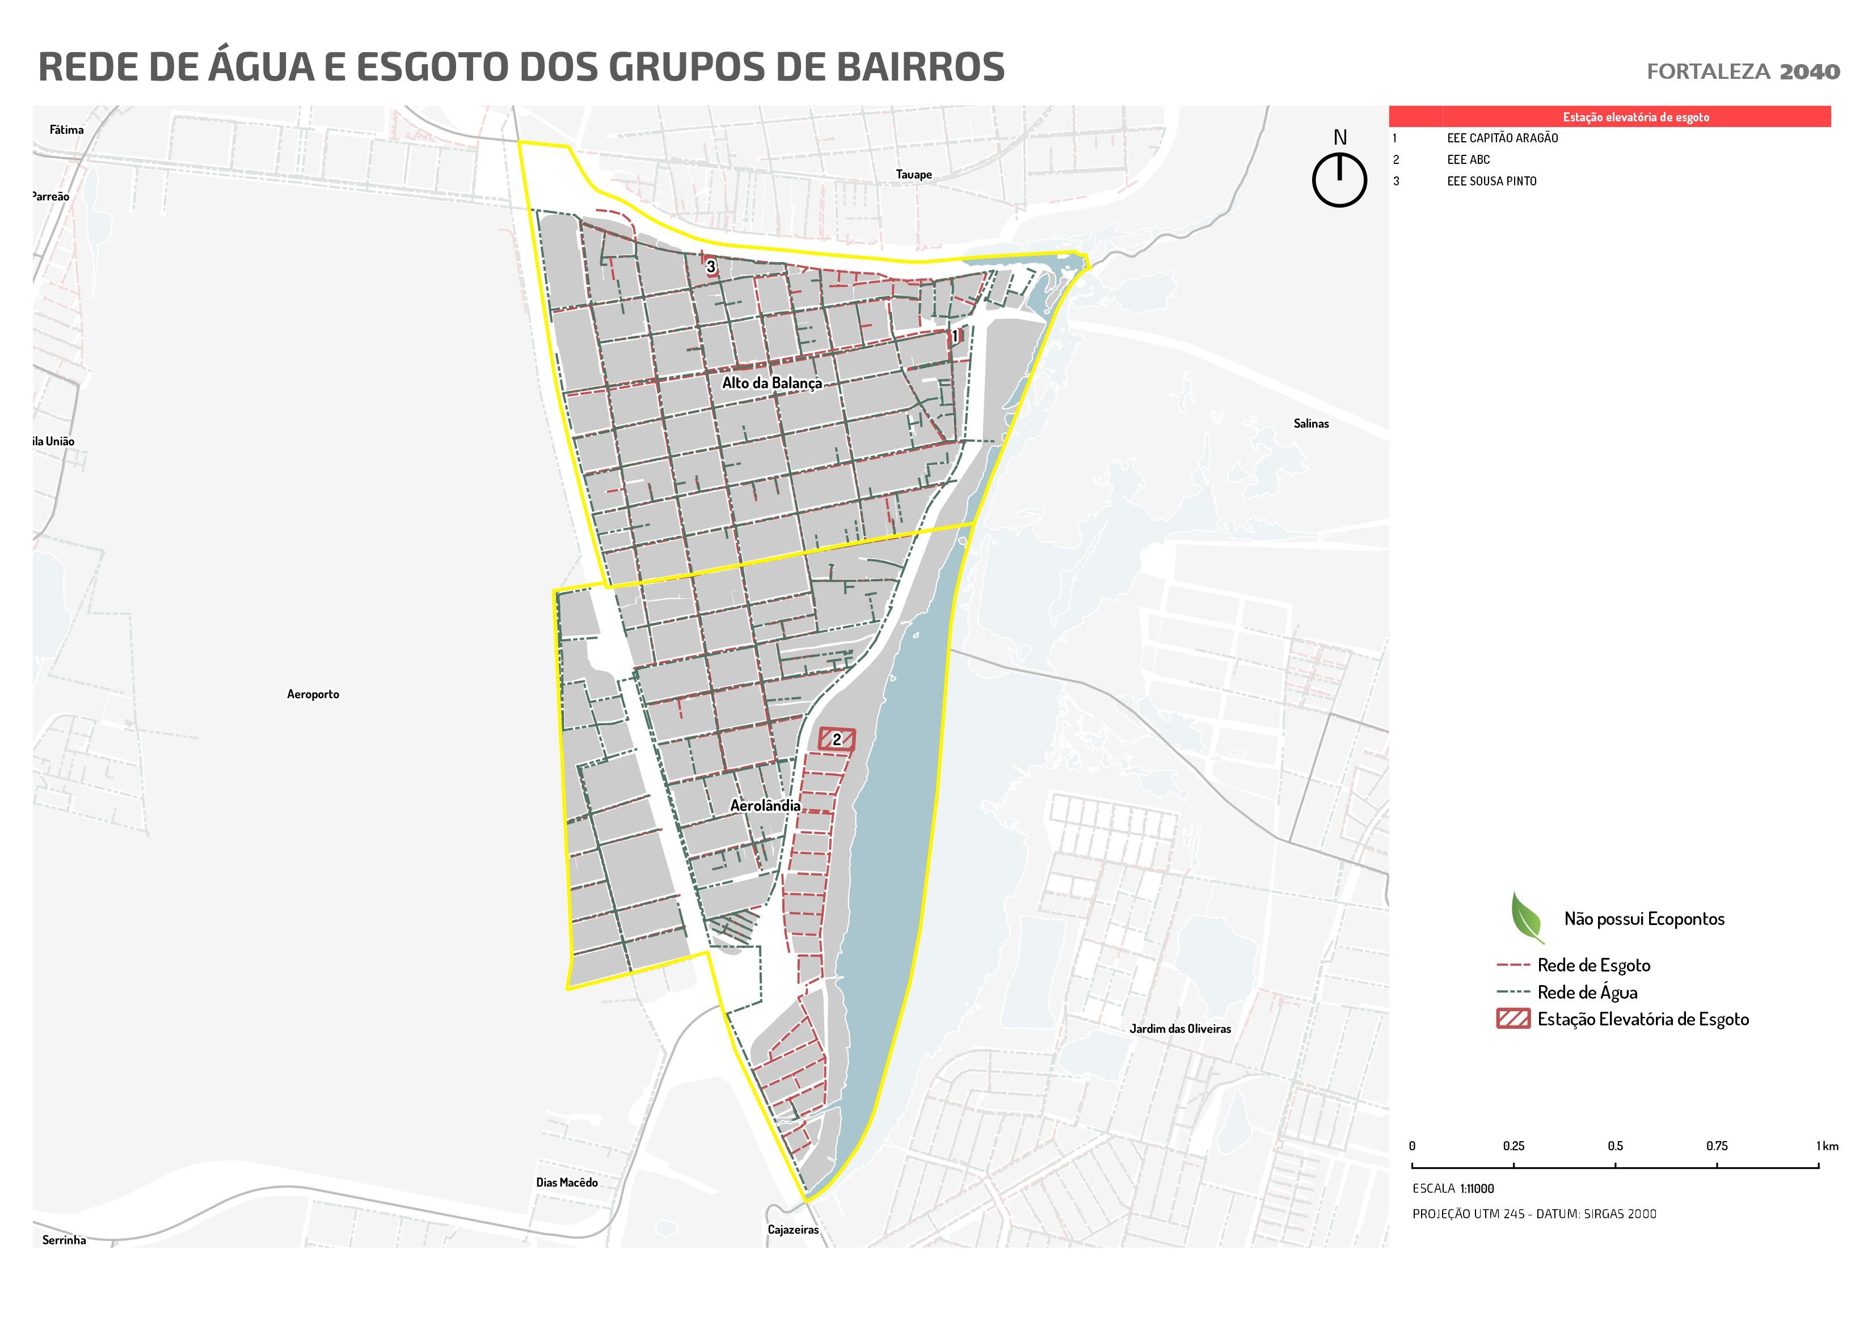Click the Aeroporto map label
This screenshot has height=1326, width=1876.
click(x=313, y=694)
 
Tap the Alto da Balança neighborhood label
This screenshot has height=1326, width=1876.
click(x=772, y=383)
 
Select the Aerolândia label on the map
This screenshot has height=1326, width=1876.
click(x=765, y=805)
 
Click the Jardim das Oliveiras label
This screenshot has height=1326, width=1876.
click(x=1180, y=1029)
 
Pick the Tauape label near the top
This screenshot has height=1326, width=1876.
click(x=913, y=174)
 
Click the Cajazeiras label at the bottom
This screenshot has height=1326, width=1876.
click(x=792, y=1230)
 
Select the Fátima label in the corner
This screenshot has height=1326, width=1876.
click(x=66, y=129)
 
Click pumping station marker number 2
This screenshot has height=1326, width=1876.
click(x=837, y=740)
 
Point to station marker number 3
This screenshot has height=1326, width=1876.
click(x=711, y=267)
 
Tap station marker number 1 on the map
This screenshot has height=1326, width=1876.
click(x=954, y=336)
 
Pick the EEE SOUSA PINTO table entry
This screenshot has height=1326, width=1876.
click(x=1491, y=181)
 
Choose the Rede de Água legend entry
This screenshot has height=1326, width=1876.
click(x=1586, y=992)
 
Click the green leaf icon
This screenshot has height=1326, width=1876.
click(x=1525, y=918)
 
